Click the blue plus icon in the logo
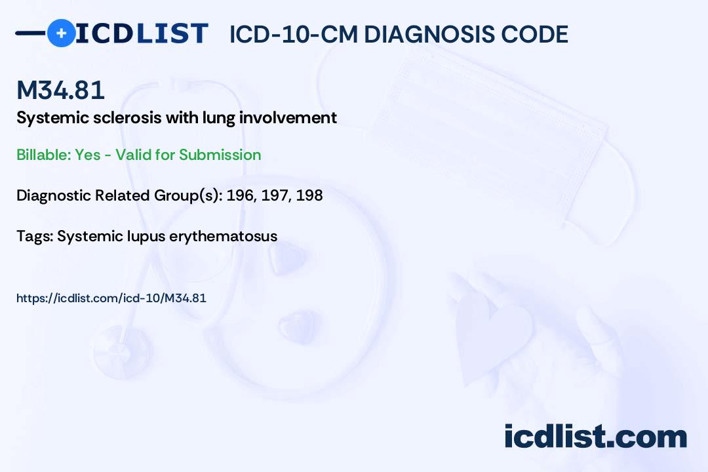coord(62,33)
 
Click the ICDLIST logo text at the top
coord(142,33)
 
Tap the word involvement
coord(288,117)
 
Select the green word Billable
coord(44,155)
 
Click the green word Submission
coord(220,155)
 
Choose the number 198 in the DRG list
coord(309,195)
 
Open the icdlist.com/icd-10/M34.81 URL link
coord(111,298)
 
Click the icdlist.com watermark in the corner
coord(595,437)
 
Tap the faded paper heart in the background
coord(492,334)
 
